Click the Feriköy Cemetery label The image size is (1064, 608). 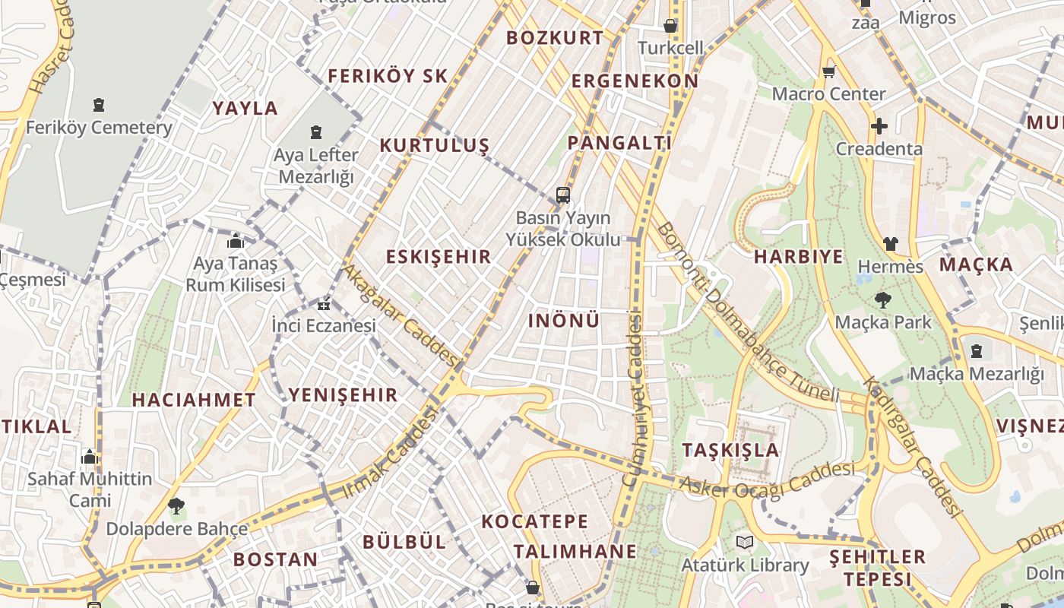click(99, 128)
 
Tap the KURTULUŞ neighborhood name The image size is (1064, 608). click(434, 146)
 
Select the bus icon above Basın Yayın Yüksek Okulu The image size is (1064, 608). click(562, 195)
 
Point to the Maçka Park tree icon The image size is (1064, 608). click(882, 300)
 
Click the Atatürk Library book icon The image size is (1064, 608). click(743, 543)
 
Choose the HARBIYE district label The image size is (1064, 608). click(798, 257)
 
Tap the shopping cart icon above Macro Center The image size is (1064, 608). click(828, 72)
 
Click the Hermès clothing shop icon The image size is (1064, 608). click(890, 245)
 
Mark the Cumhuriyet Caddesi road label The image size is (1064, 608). click(632, 399)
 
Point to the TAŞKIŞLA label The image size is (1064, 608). click(730, 449)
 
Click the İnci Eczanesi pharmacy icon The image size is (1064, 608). click(324, 306)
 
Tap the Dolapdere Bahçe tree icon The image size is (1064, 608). click(176, 506)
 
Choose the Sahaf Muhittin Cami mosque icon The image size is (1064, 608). click(90, 458)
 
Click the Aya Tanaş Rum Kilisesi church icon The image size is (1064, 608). click(236, 242)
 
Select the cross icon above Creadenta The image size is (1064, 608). click(879, 126)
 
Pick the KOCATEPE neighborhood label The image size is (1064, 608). click(535, 521)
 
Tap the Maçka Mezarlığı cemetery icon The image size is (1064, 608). click(976, 351)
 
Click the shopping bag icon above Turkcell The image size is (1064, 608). click(670, 27)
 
